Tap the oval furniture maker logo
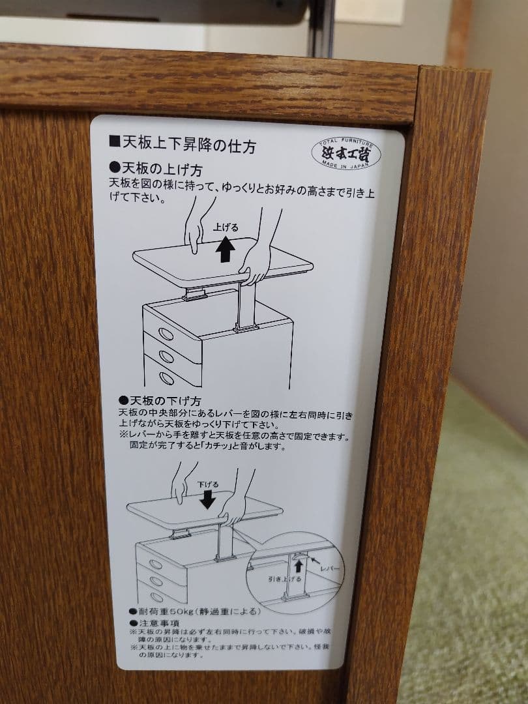click(x=344, y=154)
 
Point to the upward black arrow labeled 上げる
click(x=226, y=250)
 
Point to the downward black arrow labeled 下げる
click(x=208, y=499)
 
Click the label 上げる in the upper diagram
click(x=226, y=228)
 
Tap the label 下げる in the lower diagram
click(x=208, y=484)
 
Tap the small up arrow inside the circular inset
click(x=299, y=566)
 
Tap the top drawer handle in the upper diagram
click(x=166, y=334)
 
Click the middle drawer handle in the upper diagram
click(x=166, y=357)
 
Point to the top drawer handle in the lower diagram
click(x=155, y=565)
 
